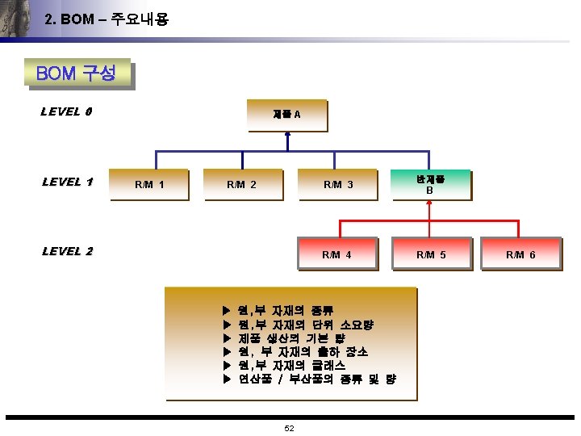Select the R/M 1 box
pos(149,184)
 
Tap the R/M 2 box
pos(242,184)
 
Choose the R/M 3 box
pos(338,184)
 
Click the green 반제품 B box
pos(430,184)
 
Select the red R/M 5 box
pos(430,254)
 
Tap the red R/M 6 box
pos(520,254)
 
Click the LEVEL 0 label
pos(65,111)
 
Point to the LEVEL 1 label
pos(67,182)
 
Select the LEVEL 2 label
pos(67,251)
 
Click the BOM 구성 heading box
pos(77,74)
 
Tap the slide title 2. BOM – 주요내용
pos(107,19)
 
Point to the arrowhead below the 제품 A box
pos(288,137)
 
